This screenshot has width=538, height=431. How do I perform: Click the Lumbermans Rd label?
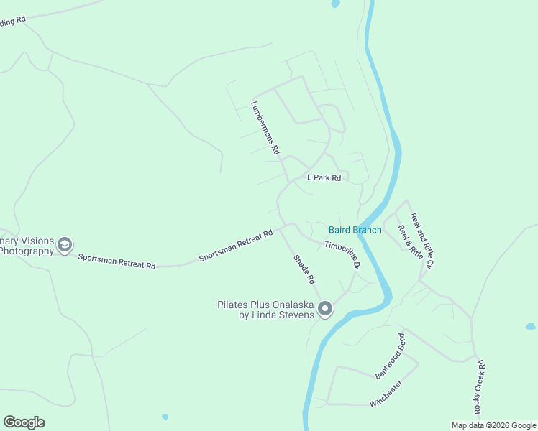264,129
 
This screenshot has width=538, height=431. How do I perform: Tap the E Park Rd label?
324,177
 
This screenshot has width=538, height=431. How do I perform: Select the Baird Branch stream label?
355,230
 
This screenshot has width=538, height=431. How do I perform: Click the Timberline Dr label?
341,255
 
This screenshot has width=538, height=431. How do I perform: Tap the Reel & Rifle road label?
410,242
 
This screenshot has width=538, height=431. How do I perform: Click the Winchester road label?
386,394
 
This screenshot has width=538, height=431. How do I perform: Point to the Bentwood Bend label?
392,356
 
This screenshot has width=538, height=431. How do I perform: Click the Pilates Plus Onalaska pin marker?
325,309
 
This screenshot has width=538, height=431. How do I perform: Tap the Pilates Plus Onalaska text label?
266,310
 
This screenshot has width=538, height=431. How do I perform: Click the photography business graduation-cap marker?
65,245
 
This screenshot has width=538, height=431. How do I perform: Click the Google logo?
24,422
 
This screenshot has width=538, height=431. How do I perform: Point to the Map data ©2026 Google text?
493,425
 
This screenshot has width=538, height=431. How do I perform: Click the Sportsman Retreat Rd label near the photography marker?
117,261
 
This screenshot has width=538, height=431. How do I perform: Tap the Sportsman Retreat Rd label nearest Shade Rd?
237,245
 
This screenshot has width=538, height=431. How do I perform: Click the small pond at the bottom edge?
165,417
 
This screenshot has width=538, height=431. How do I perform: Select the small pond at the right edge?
530,326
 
